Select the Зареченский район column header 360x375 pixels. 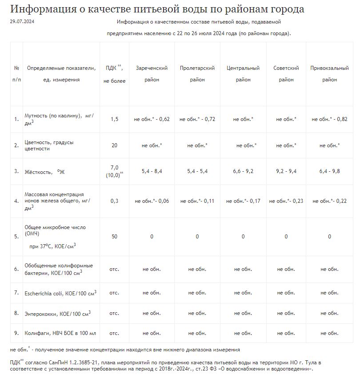coord(152,74)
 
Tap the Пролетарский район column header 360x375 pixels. coord(197,74)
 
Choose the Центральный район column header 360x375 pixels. coord(243,74)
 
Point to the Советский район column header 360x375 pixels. coord(286,74)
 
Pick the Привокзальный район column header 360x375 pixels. coord(329,74)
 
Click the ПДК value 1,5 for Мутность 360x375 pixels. coord(114,119)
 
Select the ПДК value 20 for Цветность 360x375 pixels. coord(114,145)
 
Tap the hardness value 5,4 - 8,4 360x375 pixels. coord(152,171)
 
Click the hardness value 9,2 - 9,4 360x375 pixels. coord(286,171)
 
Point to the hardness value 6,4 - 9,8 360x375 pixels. coord(329,171)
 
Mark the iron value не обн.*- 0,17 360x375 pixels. coord(243,201)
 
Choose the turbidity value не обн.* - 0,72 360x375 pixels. coord(197,119)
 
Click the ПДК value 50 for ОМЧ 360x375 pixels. coord(114,236)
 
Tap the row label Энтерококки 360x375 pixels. coord(42,314)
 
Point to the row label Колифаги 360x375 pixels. coord(36,333)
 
